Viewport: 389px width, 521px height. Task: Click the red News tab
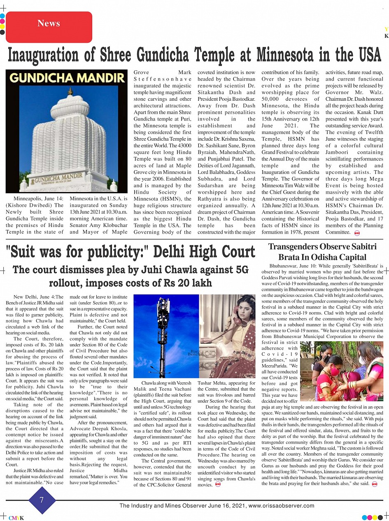[x=49, y=27]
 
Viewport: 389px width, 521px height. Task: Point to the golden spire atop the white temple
[x=70, y=92]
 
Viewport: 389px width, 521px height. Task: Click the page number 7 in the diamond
[x=42, y=500]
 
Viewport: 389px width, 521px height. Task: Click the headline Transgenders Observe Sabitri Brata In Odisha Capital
[x=322, y=252]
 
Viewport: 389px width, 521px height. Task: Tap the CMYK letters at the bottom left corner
[x=16, y=518]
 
